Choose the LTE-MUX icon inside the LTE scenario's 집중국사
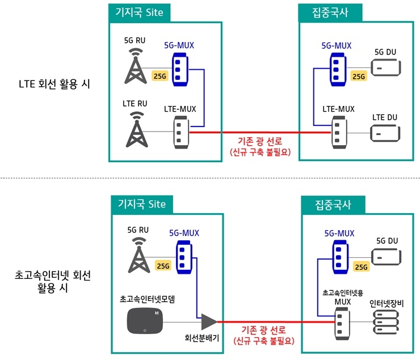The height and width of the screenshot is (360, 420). (339, 133)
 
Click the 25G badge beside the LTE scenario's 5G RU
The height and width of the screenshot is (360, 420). (161, 75)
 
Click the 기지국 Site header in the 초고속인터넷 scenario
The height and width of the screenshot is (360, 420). (141, 202)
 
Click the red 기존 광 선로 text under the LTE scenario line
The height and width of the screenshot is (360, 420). (260, 142)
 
